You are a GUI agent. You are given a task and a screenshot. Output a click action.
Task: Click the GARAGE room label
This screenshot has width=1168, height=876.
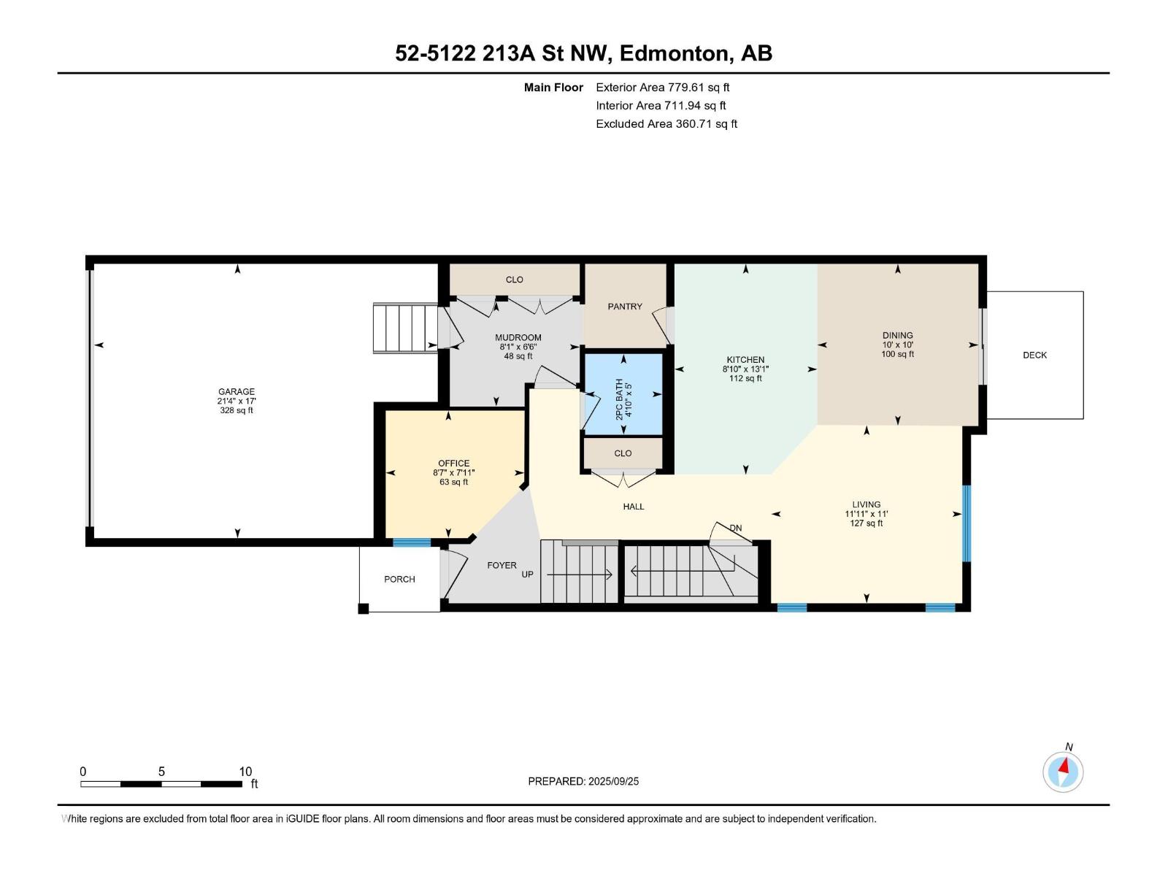237,391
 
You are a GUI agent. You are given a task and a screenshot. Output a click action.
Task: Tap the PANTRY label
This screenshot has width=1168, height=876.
625,307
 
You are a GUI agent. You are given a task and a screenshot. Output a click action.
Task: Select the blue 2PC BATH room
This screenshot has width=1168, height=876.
623,394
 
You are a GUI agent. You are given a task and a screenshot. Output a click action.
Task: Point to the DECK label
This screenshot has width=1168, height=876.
1034,355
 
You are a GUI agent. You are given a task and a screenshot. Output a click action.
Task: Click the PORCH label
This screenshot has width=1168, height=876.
399,579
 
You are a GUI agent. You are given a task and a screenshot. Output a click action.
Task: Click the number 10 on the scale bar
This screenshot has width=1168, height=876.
245,772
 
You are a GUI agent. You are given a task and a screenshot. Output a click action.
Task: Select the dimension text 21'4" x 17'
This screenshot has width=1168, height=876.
237,401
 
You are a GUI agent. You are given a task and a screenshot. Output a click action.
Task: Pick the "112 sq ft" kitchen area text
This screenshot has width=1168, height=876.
745,378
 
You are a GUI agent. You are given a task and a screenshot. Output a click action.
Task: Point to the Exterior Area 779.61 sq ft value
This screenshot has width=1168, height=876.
663,87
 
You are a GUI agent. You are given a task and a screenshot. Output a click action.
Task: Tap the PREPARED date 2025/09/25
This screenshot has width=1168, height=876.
613,781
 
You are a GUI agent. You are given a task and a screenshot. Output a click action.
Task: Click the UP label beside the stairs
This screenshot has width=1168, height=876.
527,575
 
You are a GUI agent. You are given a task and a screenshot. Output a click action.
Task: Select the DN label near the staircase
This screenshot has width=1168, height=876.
735,528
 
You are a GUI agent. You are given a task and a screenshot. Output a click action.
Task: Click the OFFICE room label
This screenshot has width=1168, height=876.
453,464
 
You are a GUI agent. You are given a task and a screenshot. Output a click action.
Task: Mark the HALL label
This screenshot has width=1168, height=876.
633,507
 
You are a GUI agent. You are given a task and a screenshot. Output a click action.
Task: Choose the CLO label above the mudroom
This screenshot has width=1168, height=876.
514,280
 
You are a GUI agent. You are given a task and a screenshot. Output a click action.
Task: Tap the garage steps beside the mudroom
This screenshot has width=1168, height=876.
405,328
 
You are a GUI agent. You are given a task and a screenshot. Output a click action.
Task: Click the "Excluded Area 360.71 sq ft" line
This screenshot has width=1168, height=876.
666,124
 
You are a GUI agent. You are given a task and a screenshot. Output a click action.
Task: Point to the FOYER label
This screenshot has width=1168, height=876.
502,565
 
